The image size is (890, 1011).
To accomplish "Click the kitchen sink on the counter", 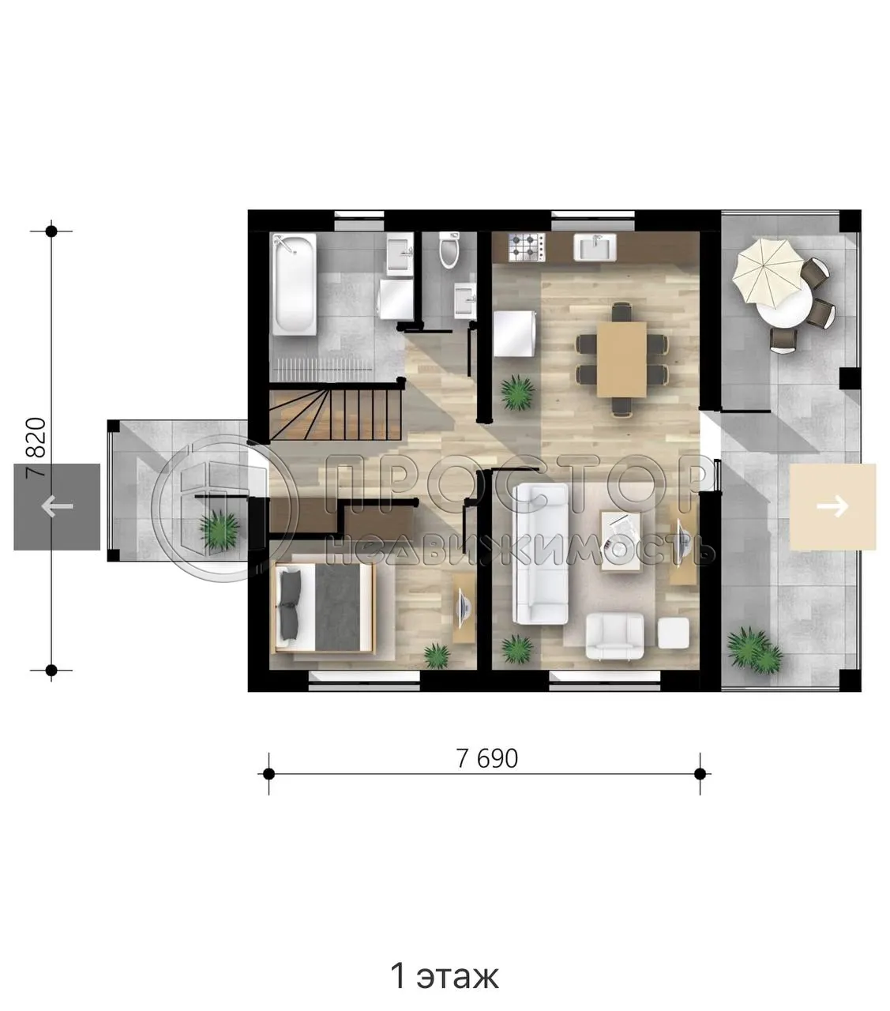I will tap(594, 246).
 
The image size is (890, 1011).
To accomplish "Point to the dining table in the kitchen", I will tap(621, 359).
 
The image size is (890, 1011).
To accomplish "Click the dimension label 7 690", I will tap(487, 758).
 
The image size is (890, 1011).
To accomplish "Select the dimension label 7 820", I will tap(38, 446).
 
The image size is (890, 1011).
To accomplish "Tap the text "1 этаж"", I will tap(445, 977).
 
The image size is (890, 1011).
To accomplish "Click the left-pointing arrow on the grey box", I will tap(57, 506).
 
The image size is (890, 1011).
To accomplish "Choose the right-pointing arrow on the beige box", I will tap(832, 505).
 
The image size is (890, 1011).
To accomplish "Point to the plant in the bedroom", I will tap(436, 655).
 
